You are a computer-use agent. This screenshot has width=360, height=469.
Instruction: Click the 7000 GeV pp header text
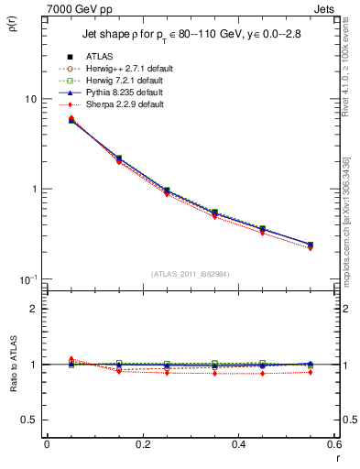(75, 7)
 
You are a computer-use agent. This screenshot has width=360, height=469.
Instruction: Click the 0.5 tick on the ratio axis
(28, 420)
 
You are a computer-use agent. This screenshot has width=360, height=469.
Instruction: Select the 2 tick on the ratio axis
(32, 309)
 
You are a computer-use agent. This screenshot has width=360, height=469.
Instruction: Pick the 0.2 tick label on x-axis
(142, 445)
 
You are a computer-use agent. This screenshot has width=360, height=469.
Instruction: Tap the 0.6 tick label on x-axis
(333, 445)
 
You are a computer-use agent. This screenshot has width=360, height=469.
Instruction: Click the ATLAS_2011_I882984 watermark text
(190, 274)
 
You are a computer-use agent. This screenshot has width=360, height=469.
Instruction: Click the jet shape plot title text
(190, 37)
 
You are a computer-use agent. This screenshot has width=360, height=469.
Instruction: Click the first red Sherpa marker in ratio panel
(47, 359)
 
